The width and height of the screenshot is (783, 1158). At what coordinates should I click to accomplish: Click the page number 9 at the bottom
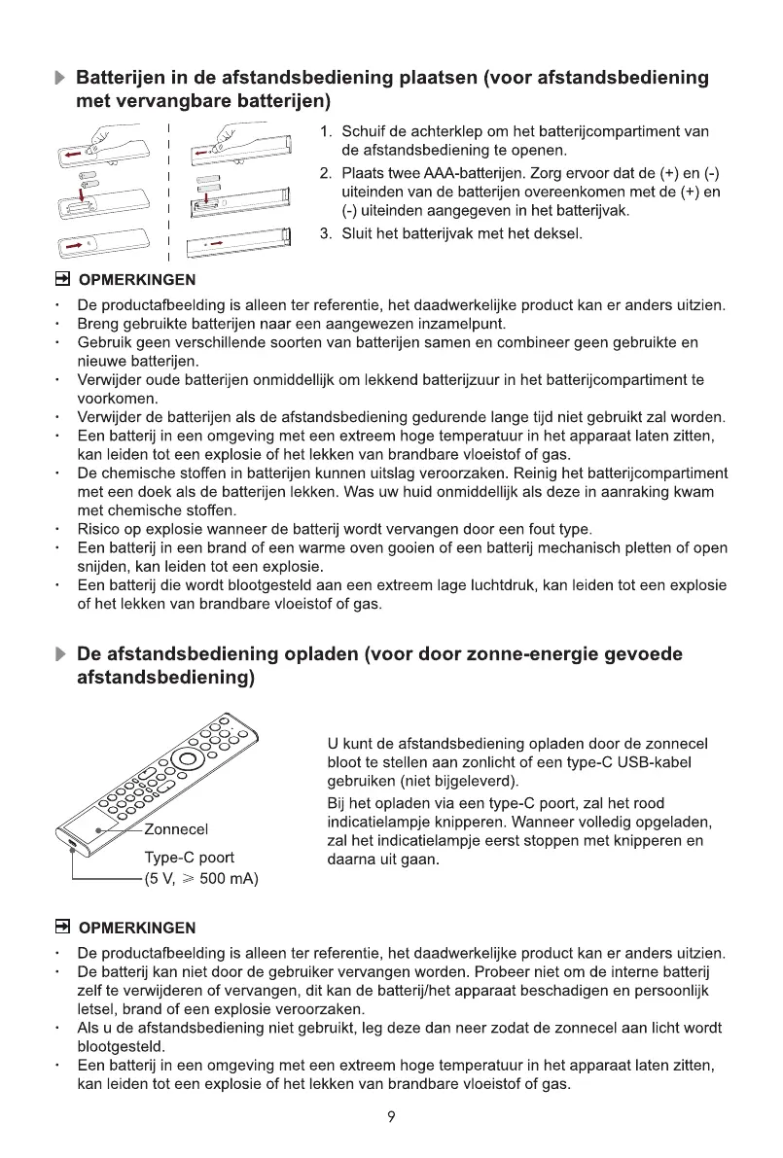[390, 1117]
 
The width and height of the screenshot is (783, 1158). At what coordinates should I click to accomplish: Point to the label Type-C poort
[189, 858]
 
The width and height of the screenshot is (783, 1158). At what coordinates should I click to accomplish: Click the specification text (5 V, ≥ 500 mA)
[200, 880]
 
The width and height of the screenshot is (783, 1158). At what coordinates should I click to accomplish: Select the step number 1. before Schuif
[326, 132]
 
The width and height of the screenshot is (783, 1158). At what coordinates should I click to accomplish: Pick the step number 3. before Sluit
[326, 233]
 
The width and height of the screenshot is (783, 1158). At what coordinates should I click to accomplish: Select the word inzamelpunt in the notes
[467, 324]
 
